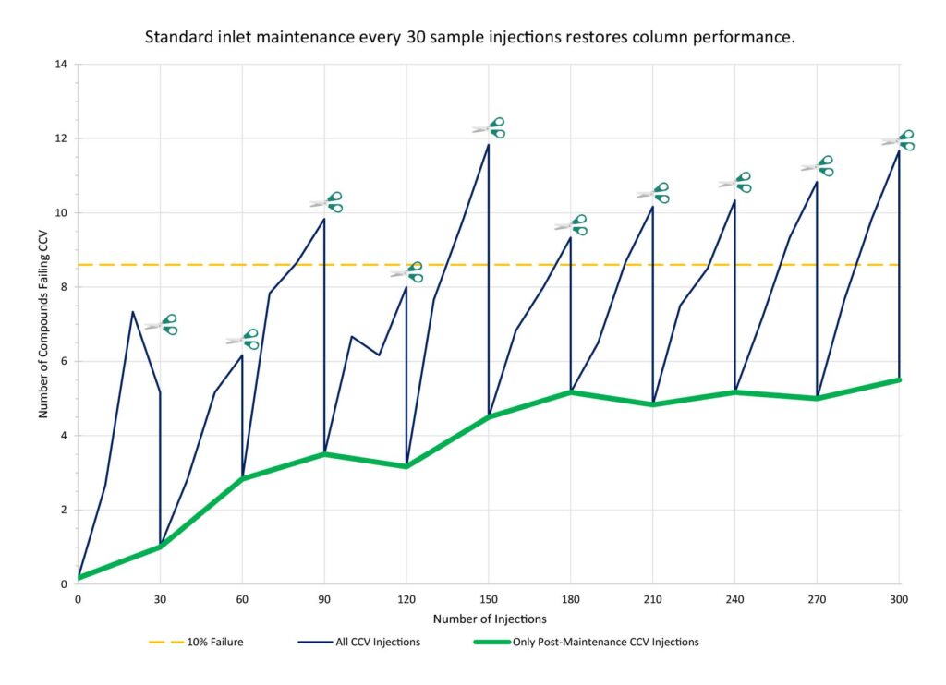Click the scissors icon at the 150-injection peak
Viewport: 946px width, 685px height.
point(489,128)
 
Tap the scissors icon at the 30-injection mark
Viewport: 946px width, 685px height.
point(161,325)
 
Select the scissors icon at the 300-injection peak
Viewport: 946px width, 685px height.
point(898,140)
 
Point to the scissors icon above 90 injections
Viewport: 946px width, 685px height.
point(326,202)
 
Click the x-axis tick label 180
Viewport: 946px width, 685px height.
point(570,599)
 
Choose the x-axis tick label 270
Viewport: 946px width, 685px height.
point(817,599)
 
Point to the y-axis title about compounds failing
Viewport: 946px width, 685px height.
point(42,324)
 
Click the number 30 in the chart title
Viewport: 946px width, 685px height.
point(414,40)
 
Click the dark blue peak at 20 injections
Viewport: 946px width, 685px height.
point(133,312)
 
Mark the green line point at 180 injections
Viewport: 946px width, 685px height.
point(570,392)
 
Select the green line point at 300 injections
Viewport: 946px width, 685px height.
point(899,379)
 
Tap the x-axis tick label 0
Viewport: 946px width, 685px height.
point(78,599)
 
